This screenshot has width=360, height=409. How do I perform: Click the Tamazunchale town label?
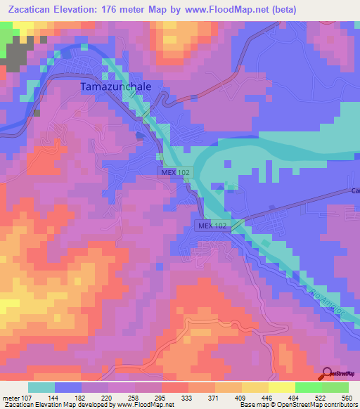(117, 87)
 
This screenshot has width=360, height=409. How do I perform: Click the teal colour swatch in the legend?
(41, 387)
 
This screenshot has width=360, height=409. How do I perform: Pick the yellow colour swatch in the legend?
(281, 387)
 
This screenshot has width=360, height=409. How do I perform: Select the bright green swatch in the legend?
(307, 387)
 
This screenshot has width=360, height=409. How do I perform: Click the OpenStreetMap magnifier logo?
(326, 375)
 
